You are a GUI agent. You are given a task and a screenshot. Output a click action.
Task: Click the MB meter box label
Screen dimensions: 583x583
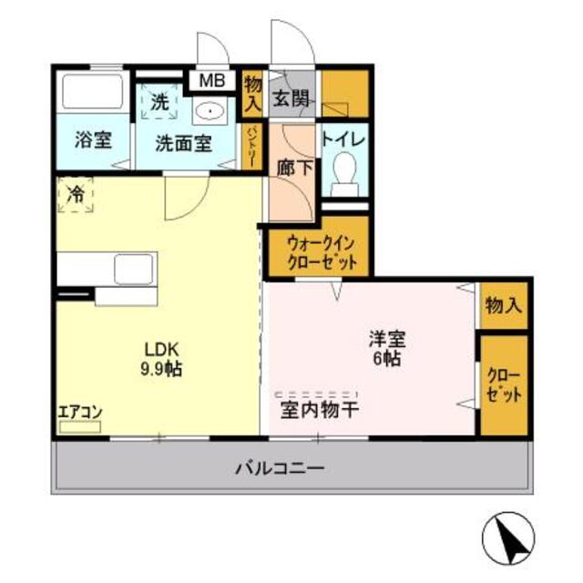(x=211, y=80)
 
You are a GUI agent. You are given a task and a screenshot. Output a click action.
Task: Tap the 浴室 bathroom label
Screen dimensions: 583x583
(x=92, y=142)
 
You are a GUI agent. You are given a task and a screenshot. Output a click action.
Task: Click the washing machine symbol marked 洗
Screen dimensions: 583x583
(x=159, y=103)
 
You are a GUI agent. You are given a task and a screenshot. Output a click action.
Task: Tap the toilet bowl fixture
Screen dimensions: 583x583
(x=344, y=171)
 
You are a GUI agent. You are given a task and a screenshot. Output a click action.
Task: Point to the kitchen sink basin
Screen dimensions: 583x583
(x=134, y=270)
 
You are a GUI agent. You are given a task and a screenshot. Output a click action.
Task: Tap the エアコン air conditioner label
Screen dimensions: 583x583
(x=80, y=412)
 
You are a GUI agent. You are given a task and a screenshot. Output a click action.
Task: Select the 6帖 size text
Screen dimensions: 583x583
(x=385, y=359)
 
